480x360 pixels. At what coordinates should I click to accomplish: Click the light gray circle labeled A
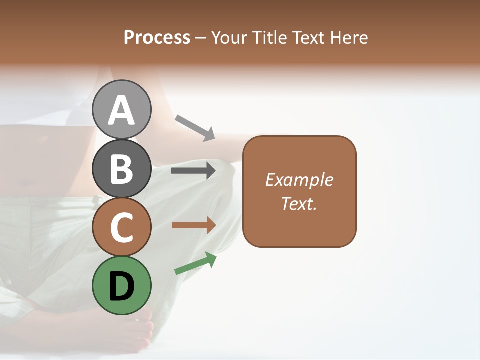[121, 109]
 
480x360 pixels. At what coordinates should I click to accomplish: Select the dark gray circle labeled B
[121, 168]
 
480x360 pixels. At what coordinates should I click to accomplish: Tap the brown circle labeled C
[121, 227]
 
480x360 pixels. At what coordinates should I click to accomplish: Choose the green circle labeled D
[121, 286]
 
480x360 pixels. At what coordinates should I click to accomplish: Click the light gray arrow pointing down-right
[195, 127]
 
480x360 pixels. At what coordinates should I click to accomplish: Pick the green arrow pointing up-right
[195, 263]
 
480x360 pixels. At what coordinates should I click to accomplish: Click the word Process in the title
[157, 38]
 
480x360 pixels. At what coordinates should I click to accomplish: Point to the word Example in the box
[299, 180]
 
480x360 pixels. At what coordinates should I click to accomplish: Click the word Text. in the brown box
[299, 203]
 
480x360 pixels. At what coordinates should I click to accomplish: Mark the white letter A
[121, 110]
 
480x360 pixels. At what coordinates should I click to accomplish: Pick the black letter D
[121, 286]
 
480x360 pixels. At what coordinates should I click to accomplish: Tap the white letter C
[121, 228]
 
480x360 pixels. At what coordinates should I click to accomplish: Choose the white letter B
[121, 169]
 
